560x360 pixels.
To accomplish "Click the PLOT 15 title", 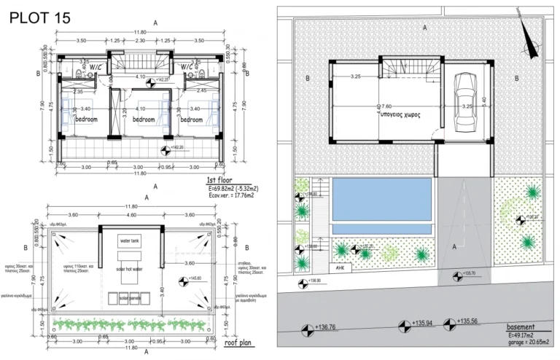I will pyautogui.click(x=41, y=18).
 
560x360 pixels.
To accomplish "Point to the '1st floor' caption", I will pyautogui.click(x=220, y=179).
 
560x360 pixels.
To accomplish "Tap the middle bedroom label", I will pyautogui.click(x=144, y=119).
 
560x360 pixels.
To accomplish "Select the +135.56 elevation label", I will pyautogui.click(x=469, y=321).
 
